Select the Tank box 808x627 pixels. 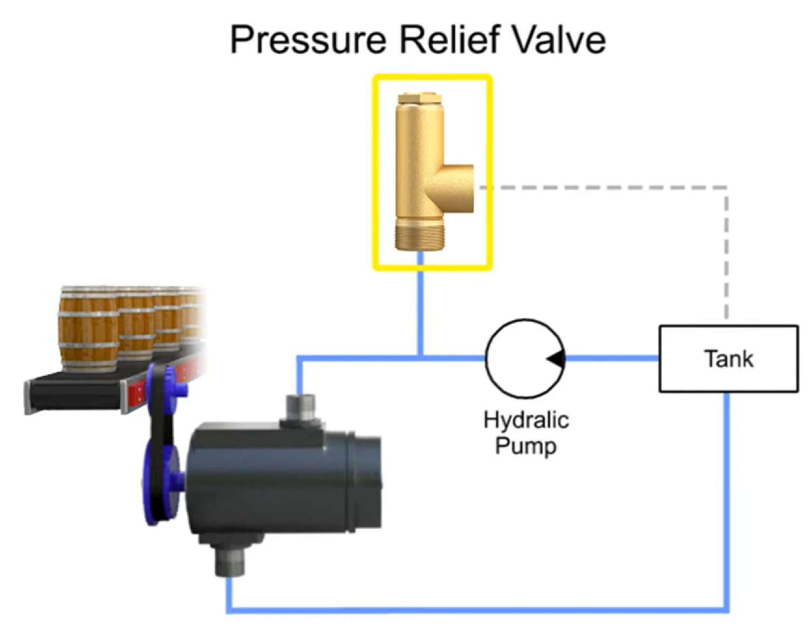click(728, 359)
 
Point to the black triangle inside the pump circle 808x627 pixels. click(556, 359)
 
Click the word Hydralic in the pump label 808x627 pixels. click(526, 420)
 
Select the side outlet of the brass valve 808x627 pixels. click(458, 188)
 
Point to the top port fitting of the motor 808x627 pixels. click(300, 407)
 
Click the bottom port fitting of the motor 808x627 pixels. click(230, 560)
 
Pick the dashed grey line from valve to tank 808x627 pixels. click(605, 187)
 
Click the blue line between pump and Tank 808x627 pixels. click(612, 358)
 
